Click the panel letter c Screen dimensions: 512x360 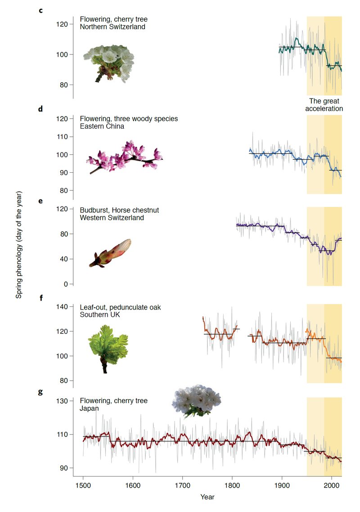[x=40, y=10]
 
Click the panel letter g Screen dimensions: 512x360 [x=40, y=391]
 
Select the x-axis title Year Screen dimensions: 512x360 [x=207, y=497]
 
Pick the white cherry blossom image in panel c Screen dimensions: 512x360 [x=109, y=61]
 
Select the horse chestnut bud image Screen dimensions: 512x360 [x=110, y=253]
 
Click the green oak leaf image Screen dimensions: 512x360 [x=107, y=346]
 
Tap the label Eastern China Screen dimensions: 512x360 [x=102, y=126]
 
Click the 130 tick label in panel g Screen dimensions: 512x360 [x=61, y=401]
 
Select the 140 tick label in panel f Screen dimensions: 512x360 [x=61, y=306]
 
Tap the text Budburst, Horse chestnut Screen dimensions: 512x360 [x=119, y=210]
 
